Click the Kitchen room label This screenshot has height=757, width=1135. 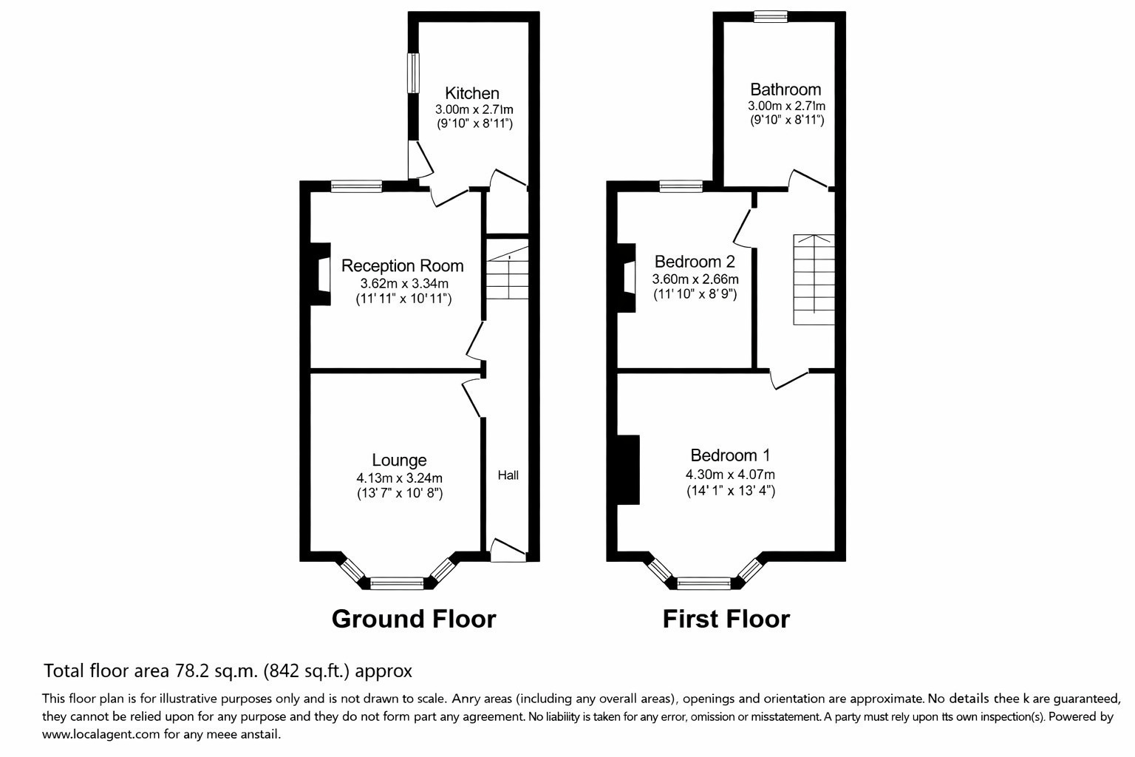(x=472, y=93)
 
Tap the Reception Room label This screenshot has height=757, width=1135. (x=402, y=265)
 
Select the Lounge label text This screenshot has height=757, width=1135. (x=399, y=461)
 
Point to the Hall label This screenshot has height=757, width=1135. (x=508, y=475)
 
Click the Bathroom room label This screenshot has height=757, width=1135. (x=785, y=89)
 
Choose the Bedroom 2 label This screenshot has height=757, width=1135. (x=695, y=262)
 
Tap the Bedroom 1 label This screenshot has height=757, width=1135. (x=730, y=455)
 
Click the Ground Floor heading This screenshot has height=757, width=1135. (x=413, y=619)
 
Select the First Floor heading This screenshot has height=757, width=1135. (x=726, y=619)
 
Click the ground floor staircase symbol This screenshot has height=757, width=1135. (x=508, y=275)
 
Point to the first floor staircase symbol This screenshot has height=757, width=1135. (x=814, y=279)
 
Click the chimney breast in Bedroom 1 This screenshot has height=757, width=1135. (x=627, y=469)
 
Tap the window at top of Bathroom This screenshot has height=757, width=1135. (x=771, y=16)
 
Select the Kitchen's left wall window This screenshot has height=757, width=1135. (x=414, y=72)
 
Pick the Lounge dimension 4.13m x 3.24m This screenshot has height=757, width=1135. (x=399, y=478)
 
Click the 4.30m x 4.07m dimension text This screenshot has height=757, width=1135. (x=730, y=475)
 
